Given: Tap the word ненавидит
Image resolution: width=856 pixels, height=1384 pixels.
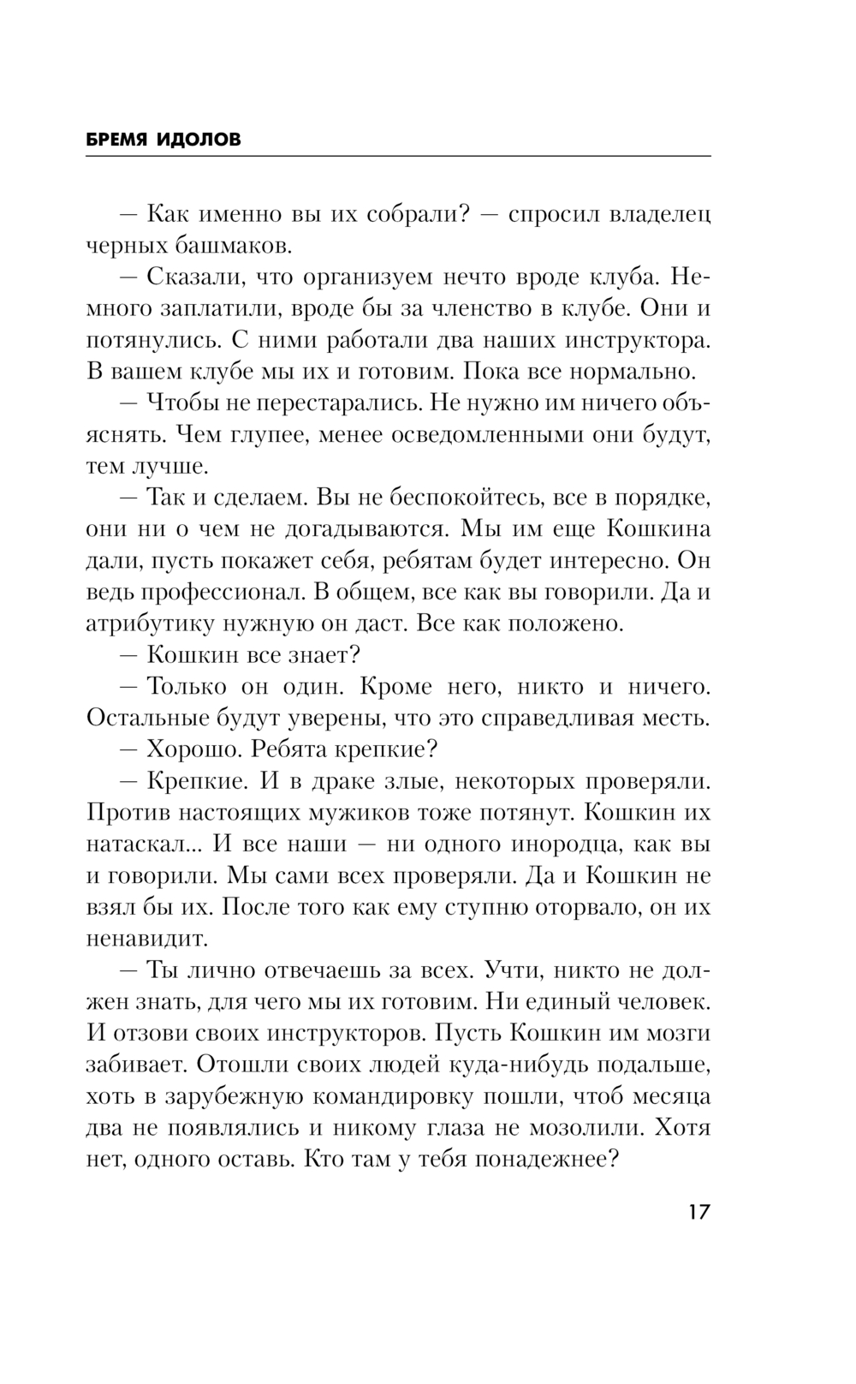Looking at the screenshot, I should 147,938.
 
